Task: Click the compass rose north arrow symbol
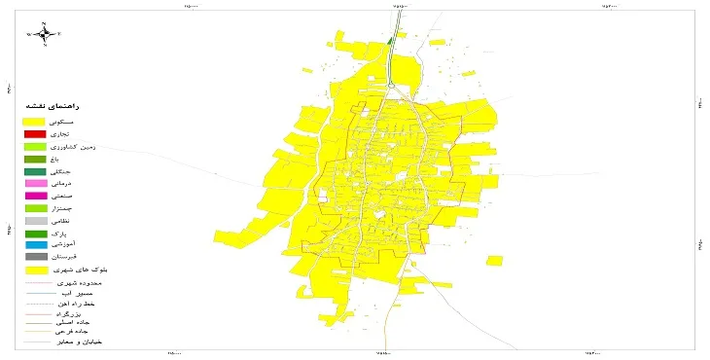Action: point(45,34)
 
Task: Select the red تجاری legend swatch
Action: point(36,133)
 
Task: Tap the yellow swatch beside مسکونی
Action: point(36,121)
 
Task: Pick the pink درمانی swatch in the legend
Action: point(36,183)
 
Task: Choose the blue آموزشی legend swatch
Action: point(36,245)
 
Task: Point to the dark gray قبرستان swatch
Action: point(36,257)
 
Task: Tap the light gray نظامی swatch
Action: point(36,221)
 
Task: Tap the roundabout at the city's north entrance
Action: point(389,86)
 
